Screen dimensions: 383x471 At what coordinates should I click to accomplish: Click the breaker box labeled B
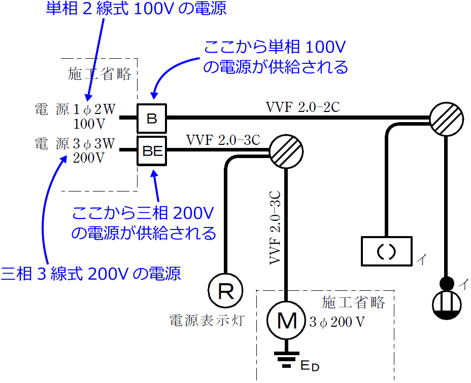pyautogui.click(x=152, y=119)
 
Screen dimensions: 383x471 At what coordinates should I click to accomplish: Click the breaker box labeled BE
pyautogui.click(x=152, y=151)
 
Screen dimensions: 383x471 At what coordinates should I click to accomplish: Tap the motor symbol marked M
pyautogui.click(x=287, y=321)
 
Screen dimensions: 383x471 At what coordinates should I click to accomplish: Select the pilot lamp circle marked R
pyautogui.click(x=225, y=290)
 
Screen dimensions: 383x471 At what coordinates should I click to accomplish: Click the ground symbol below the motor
pyautogui.click(x=287, y=359)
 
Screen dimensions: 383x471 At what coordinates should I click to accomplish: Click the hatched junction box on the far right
pyautogui.click(x=445, y=119)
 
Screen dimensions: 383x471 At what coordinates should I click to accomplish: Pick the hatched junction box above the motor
pyautogui.click(x=286, y=151)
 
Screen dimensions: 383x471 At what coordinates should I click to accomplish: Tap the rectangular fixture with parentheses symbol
pyautogui.click(x=387, y=251)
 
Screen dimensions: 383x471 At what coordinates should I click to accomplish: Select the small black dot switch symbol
pyautogui.click(x=447, y=283)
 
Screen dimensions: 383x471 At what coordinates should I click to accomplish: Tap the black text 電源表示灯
pyautogui.click(x=208, y=320)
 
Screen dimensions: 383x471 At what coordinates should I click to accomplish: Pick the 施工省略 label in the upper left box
pyautogui.click(x=99, y=75)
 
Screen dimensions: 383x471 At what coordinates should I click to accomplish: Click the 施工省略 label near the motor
pyautogui.click(x=353, y=303)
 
